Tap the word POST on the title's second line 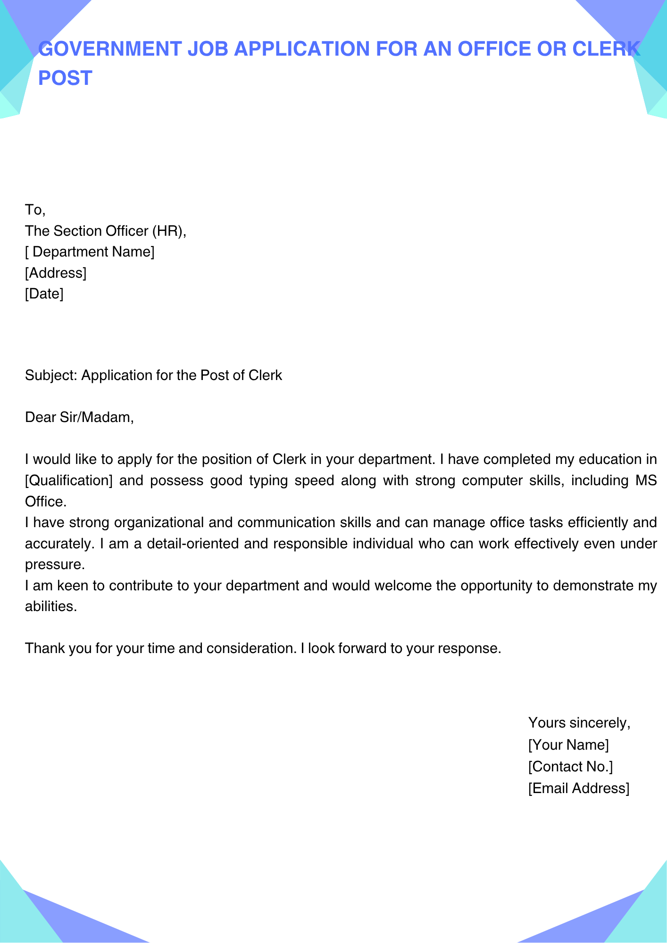[65, 78]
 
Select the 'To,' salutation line [35, 210]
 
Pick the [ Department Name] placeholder [90, 252]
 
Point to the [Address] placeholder [56, 273]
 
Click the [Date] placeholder [44, 294]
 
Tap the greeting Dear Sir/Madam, [79, 417]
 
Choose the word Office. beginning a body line [46, 502]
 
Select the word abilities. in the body [50, 606]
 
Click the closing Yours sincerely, [579, 723]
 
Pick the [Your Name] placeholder [568, 745]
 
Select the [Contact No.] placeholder [570, 767]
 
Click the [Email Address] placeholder [579, 788]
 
